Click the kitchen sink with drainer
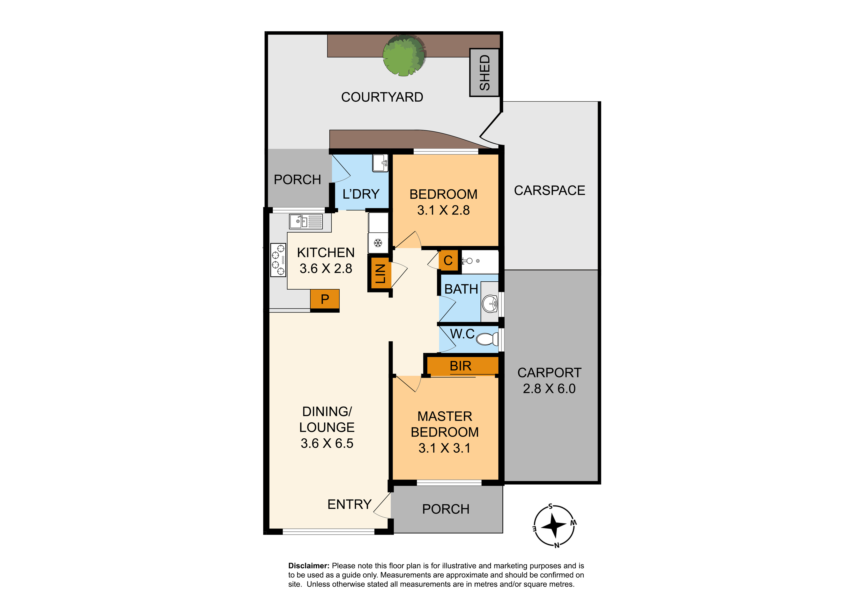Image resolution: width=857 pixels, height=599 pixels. (x=306, y=221)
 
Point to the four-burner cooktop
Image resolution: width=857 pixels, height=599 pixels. (x=278, y=260)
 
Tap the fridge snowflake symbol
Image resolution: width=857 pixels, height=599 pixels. (x=378, y=243)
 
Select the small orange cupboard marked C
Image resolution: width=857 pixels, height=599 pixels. (x=448, y=260)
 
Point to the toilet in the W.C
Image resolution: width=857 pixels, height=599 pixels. (x=487, y=339)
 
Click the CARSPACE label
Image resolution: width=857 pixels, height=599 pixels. (x=549, y=191)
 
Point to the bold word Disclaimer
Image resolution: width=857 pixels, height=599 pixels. (x=309, y=566)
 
